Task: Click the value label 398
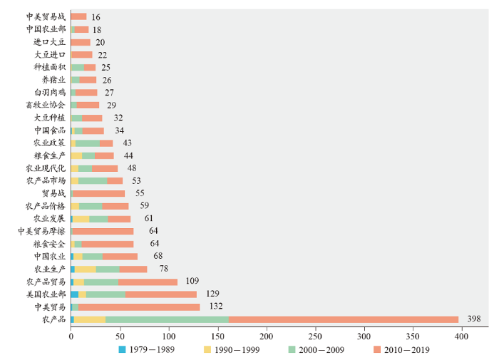tap(474, 319)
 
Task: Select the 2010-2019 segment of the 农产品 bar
tap(344, 319)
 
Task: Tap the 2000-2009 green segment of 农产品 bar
tap(167, 319)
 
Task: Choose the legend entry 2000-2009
tap(320, 349)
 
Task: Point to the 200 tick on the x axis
tap(267, 334)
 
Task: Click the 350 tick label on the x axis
tap(413, 334)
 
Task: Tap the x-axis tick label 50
tap(120, 334)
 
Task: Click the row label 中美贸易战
tap(46, 16)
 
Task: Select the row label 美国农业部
tap(46, 294)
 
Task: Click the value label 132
tap(215, 307)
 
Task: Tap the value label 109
tap(192, 281)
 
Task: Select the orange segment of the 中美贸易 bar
tap(139, 307)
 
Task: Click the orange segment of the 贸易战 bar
tap(98, 193)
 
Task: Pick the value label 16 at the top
tap(96, 16)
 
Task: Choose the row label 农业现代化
tap(46, 168)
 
